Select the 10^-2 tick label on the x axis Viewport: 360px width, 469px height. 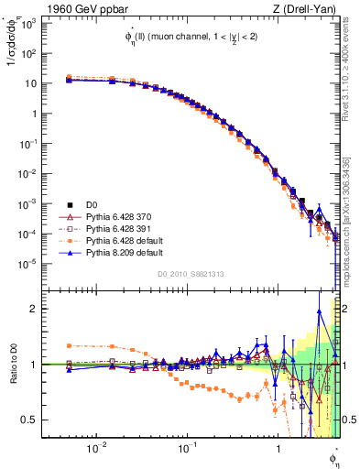[94, 449]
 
